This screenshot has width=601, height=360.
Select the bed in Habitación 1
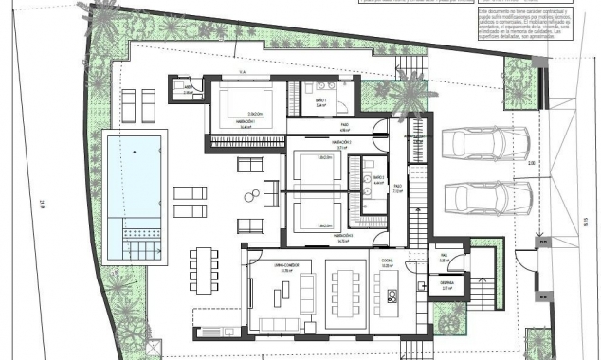[x=241, y=102]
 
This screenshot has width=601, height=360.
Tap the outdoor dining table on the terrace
[x=201, y=271]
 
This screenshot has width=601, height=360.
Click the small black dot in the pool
[x=133, y=152]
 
